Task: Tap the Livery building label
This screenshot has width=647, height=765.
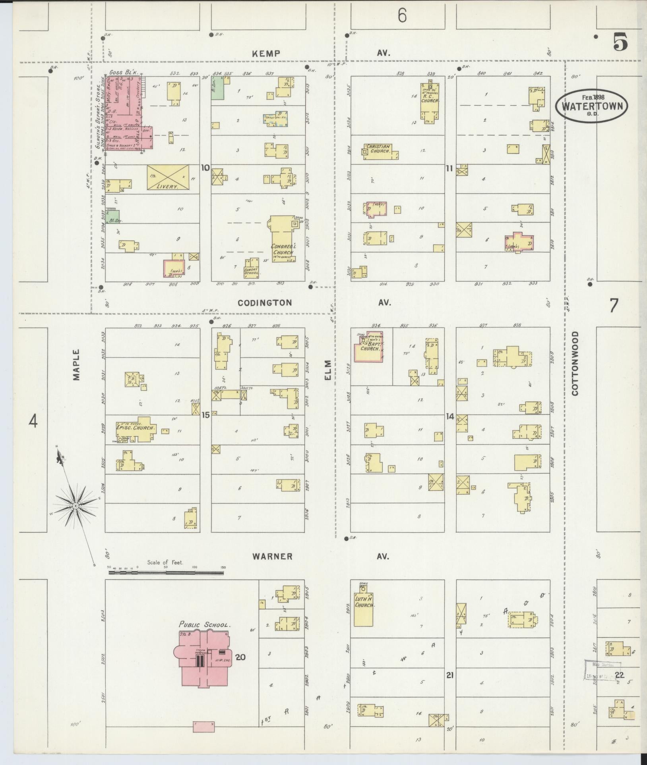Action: pos(167,186)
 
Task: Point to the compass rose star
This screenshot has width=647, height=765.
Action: pos(76,505)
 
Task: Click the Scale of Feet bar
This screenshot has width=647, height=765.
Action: pos(166,573)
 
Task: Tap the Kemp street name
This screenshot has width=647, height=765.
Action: pos(266,54)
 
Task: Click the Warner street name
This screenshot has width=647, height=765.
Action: pos(273,557)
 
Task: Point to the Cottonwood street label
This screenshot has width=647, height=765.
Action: pos(575,363)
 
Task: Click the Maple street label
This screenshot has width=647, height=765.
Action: pos(76,365)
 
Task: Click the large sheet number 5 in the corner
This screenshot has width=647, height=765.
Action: pos(620,42)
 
